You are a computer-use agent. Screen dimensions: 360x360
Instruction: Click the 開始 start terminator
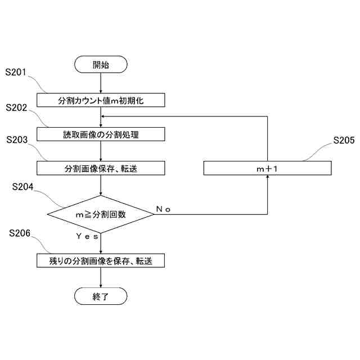tap(101, 65)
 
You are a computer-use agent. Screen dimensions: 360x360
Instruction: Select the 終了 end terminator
tap(101, 296)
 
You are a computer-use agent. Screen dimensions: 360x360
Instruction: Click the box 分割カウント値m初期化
tap(101, 100)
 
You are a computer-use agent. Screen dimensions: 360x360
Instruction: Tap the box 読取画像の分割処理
tap(101, 134)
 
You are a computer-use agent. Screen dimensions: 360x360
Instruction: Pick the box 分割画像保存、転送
tap(101, 168)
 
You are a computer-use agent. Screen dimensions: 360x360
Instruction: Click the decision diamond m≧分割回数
tap(101, 214)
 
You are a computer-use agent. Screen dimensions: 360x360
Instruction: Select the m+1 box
tap(267, 168)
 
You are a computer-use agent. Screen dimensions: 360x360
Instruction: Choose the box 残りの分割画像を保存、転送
tap(101, 261)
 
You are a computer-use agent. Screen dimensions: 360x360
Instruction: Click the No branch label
tap(164, 209)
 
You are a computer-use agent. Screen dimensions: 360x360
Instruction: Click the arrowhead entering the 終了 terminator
tap(101, 285)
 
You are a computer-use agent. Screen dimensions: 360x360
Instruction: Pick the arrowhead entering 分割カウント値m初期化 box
tap(101, 91)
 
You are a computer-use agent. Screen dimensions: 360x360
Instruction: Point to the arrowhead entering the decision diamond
tap(101, 192)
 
